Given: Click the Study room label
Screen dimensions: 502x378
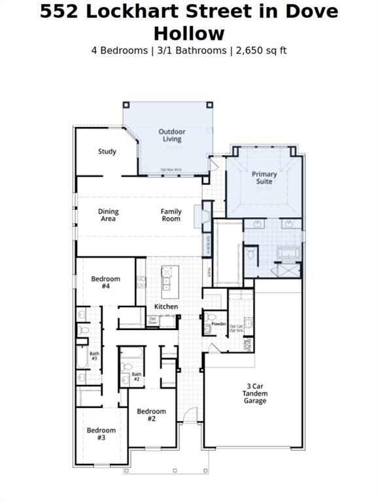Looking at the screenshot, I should [x=107, y=152].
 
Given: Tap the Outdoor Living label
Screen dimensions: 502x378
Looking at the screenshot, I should [x=172, y=135].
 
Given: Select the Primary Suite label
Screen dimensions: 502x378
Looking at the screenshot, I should [x=264, y=178].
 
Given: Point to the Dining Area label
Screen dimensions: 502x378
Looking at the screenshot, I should [x=108, y=215].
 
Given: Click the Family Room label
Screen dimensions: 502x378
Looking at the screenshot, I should [x=171, y=215].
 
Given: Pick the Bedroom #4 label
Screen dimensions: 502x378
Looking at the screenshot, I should [x=105, y=282].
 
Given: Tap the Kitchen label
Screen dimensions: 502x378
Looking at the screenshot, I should [x=166, y=307].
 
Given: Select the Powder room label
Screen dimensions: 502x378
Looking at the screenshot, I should [x=218, y=324].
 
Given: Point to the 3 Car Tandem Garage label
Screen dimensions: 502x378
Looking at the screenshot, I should [x=254, y=393].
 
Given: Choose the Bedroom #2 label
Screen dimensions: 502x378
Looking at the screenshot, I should [x=151, y=414].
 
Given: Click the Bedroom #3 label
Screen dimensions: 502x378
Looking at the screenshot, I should [x=101, y=434].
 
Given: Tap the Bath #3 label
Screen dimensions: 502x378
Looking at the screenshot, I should [x=94, y=356].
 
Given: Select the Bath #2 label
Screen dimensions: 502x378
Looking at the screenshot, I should [x=136, y=376].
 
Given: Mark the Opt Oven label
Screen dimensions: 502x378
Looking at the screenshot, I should [x=152, y=321].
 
